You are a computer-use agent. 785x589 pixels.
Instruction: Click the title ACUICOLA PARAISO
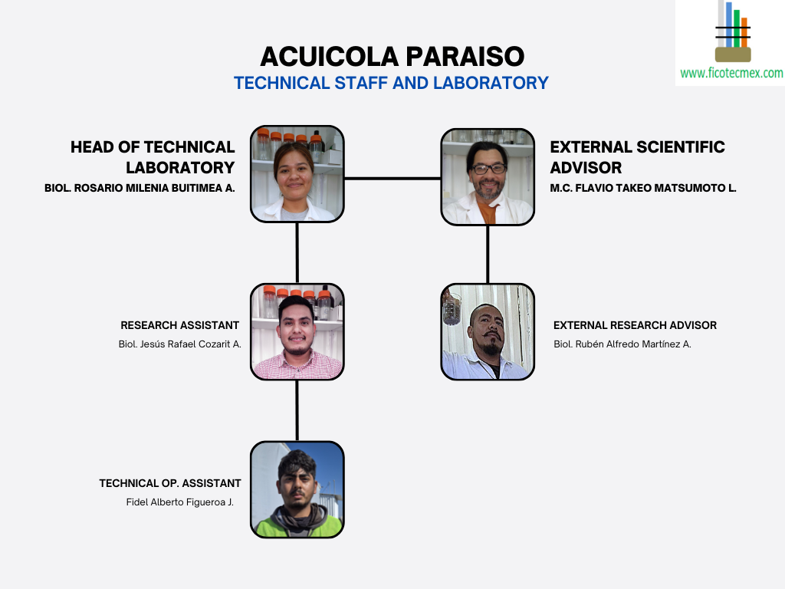coord(392,56)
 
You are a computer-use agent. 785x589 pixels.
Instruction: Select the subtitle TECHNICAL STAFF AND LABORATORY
coord(391,83)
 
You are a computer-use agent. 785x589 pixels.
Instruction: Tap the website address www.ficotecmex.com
coord(731,74)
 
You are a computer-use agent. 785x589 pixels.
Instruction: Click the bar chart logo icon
coord(733,31)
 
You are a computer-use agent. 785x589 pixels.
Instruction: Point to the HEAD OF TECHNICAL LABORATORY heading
coord(153,156)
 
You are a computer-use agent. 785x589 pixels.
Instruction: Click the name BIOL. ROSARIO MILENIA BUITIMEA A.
coord(140,188)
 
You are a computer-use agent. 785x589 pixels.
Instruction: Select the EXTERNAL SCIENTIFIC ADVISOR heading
coord(637,156)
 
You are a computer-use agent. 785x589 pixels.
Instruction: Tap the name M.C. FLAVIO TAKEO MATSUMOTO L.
coord(642,188)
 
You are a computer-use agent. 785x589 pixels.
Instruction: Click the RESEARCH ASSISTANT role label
coord(179,325)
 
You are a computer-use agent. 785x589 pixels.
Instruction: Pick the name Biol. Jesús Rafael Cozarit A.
coord(179,344)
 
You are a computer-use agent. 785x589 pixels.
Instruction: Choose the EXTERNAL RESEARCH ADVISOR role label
coord(635,325)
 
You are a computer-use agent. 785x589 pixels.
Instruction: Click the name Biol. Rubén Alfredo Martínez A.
coord(622,344)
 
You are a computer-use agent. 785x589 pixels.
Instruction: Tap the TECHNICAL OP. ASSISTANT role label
coord(170,483)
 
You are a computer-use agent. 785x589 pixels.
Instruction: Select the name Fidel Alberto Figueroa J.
coord(179,502)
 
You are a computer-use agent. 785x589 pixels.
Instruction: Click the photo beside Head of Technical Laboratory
coord(297,174)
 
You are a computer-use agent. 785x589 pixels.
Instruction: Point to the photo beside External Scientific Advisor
coord(488,176)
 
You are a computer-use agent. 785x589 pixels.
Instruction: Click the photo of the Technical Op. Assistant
coord(297,489)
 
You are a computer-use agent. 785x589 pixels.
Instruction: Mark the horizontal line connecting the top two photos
coord(392,178)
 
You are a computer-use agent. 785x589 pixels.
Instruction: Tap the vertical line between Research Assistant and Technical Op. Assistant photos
coord(297,410)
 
